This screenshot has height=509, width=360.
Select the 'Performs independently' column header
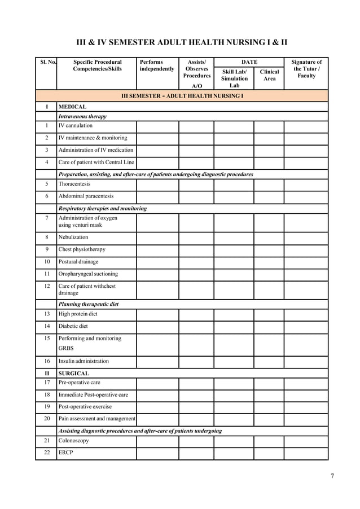[x=157, y=65]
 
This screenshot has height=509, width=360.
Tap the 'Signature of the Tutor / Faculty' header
[x=306, y=69]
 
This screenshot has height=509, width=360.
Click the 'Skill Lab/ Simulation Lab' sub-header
[x=234, y=78]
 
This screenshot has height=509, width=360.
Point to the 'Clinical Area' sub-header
[x=269, y=75]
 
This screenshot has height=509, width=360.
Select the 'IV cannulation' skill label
[x=75, y=125]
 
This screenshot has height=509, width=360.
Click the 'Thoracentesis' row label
[x=74, y=184]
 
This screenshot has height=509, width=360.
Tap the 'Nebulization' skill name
[x=73, y=237]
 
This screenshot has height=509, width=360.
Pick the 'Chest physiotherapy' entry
[x=82, y=249]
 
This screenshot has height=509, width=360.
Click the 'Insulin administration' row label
[x=84, y=361]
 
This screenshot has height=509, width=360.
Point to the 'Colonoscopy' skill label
[x=73, y=440]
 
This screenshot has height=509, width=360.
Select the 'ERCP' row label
[x=66, y=453]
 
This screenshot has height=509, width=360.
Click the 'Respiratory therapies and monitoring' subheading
[x=103, y=208]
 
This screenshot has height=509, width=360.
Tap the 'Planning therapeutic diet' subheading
[x=89, y=304]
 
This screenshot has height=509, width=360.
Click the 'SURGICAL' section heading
[x=73, y=373]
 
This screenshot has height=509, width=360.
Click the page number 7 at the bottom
[x=332, y=476]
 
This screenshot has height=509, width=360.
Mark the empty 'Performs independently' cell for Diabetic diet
[x=157, y=326]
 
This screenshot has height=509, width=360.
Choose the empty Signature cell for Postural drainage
[x=306, y=262]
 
